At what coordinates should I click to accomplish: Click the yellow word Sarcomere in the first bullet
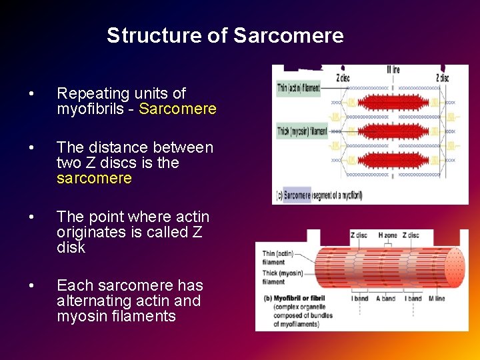177,109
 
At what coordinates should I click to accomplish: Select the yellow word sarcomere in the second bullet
94,178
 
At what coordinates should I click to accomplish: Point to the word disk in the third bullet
71,247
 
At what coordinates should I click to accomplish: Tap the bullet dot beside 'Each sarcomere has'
31,286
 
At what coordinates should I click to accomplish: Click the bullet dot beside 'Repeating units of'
31,94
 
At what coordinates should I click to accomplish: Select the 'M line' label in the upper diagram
393,70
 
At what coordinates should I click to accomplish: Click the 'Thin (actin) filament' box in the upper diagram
298,88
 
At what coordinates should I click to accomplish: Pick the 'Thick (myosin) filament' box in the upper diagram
301,131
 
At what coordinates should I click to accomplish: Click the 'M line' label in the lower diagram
437,298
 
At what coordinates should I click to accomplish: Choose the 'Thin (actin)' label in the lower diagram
278,254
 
